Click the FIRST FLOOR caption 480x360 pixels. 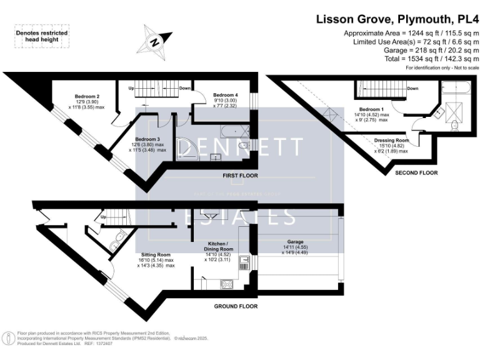[240, 176]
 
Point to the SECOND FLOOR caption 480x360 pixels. [417, 172]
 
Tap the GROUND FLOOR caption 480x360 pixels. [236, 306]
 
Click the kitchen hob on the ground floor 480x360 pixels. [225, 285]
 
